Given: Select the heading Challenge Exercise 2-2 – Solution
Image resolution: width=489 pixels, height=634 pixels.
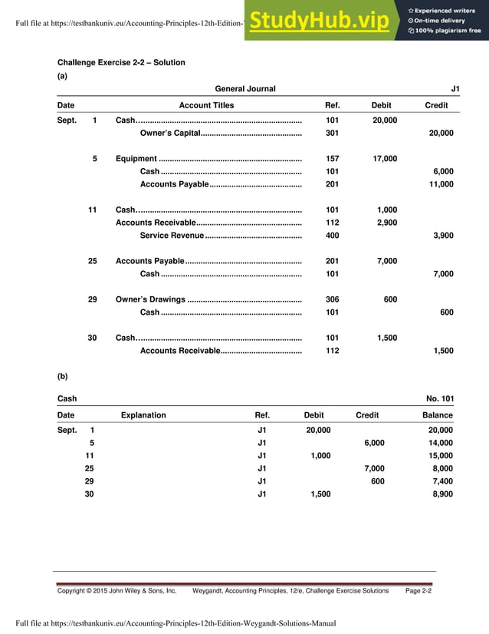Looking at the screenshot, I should [121, 63].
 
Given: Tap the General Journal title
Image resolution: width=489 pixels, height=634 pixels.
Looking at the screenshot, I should [245, 89].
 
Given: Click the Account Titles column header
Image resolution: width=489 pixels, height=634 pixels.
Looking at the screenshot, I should [206, 105].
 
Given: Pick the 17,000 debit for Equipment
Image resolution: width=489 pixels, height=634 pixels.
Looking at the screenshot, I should [384, 159].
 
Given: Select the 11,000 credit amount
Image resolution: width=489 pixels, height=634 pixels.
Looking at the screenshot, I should [440, 184].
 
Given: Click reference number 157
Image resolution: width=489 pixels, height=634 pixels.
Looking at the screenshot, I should [332, 159].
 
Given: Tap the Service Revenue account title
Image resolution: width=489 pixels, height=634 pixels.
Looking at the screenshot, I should [172, 236].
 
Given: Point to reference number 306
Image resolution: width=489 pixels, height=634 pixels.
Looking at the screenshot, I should [332, 299].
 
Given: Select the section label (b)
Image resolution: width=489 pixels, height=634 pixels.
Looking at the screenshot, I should [63, 376].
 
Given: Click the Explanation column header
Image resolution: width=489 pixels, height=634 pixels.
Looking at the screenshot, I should [143, 415].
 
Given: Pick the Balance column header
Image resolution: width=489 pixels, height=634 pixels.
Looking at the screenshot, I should [437, 415].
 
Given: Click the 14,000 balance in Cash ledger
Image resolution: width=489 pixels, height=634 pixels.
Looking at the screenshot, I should [440, 443].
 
